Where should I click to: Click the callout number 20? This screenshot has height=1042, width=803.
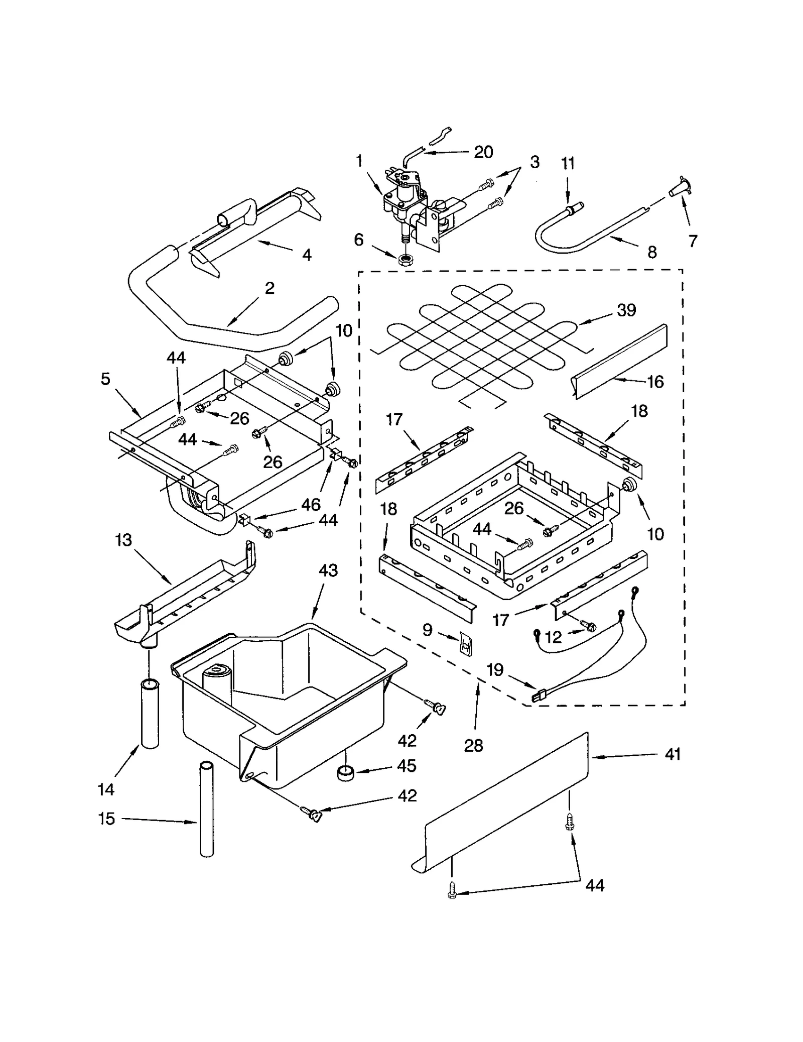click(483, 152)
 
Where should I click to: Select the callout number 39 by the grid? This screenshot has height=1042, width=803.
click(626, 310)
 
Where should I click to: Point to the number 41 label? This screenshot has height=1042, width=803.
click(673, 754)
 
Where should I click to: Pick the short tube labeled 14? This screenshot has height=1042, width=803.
click(150, 713)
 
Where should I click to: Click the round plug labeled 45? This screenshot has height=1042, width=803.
click(345, 773)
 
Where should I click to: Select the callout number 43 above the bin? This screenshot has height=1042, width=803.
click(328, 570)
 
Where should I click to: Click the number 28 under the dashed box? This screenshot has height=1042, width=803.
click(473, 746)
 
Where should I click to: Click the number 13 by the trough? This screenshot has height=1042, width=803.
click(123, 540)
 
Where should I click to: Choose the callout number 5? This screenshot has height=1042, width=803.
click(105, 379)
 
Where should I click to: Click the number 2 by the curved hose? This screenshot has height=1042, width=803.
click(270, 288)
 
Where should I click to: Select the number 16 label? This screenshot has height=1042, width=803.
click(655, 382)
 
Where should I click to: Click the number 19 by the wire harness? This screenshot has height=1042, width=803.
click(495, 669)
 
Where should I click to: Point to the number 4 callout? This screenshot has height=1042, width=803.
click(307, 255)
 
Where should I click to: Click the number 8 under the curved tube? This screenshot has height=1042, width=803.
click(651, 252)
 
